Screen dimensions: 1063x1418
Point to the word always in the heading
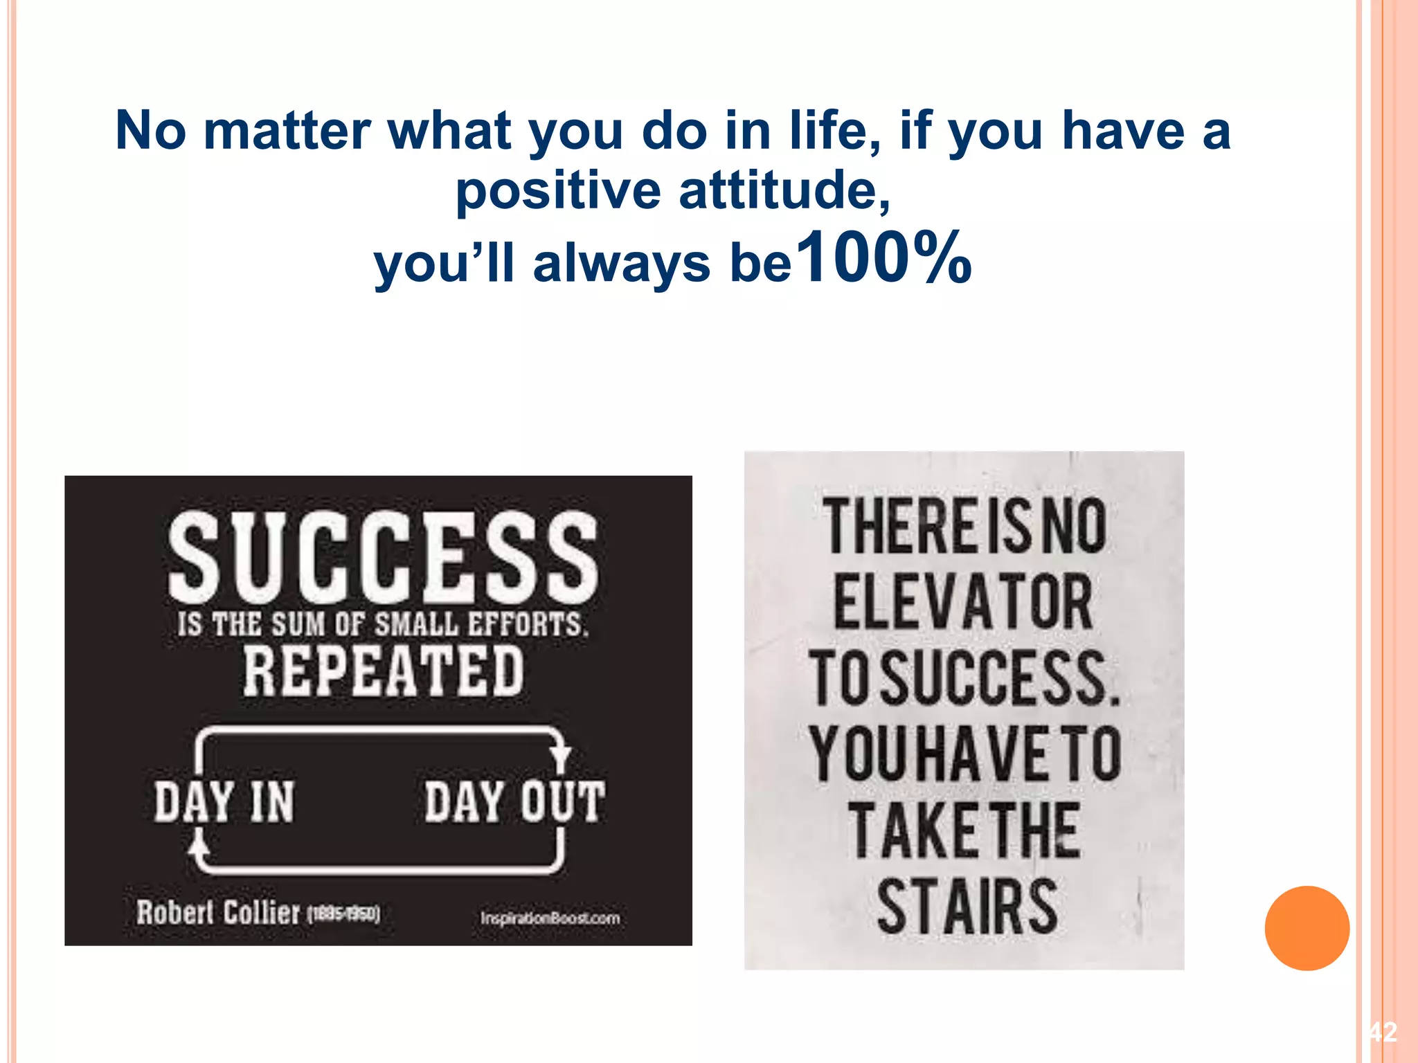pyautogui.click(x=621, y=264)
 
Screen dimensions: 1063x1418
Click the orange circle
pyautogui.click(x=1307, y=928)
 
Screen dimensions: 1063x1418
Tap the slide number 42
pyautogui.click(x=1383, y=1033)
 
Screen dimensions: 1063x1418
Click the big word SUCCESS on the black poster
pyautogui.click(x=383, y=558)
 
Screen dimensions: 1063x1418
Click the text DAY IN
pyautogui.click(x=224, y=802)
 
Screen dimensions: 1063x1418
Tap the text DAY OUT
pyautogui.click(x=514, y=802)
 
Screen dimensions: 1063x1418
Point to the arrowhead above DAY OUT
pyautogui.click(x=560, y=755)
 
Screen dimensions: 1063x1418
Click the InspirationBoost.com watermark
pyautogui.click(x=550, y=918)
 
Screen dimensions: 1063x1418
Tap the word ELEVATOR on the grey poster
pyautogui.click(x=962, y=602)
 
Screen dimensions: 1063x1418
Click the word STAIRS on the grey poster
pyautogui.click(x=967, y=907)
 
